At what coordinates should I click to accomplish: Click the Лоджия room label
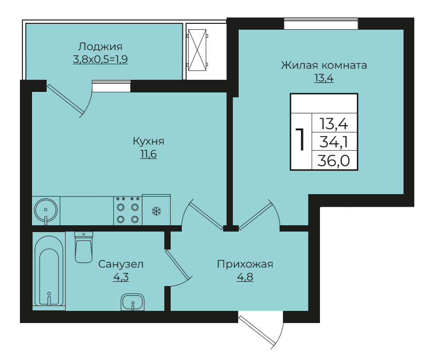click(x=100, y=46)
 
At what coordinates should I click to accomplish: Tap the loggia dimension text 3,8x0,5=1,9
click(x=100, y=59)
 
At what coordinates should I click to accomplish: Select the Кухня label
click(x=149, y=141)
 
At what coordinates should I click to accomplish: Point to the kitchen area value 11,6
click(x=149, y=154)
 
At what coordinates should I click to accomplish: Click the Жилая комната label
click(x=324, y=65)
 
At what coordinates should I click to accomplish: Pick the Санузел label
click(x=121, y=264)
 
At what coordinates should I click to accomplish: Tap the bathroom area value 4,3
click(x=121, y=277)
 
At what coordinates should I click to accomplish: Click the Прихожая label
click(x=245, y=264)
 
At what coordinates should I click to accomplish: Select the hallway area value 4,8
click(x=245, y=277)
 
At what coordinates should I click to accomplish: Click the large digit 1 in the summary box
click(x=301, y=139)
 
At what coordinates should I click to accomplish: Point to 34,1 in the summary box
click(x=334, y=142)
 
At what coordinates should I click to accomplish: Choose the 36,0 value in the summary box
click(x=334, y=161)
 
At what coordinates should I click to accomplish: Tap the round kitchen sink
click(x=46, y=211)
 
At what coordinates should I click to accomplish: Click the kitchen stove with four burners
click(x=128, y=211)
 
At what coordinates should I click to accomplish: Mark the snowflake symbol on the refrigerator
click(x=157, y=211)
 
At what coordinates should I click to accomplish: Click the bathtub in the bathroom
click(x=49, y=271)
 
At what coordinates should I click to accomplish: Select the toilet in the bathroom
click(x=84, y=247)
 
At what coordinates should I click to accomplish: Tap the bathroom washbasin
click(x=132, y=302)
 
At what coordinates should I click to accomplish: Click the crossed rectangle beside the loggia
click(x=197, y=50)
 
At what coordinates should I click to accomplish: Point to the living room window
click(x=321, y=23)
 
